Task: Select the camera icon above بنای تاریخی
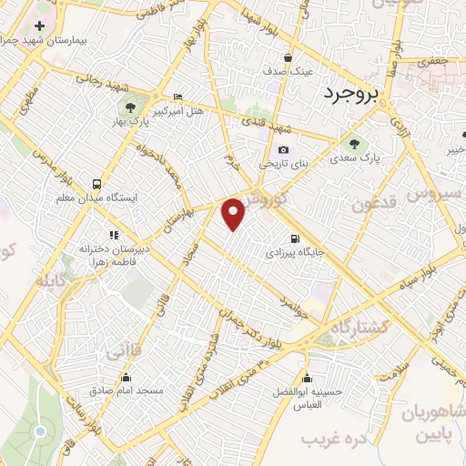click(x=284, y=150)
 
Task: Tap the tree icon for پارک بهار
click(x=135, y=106)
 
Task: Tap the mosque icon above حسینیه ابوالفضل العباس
click(x=307, y=378)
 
